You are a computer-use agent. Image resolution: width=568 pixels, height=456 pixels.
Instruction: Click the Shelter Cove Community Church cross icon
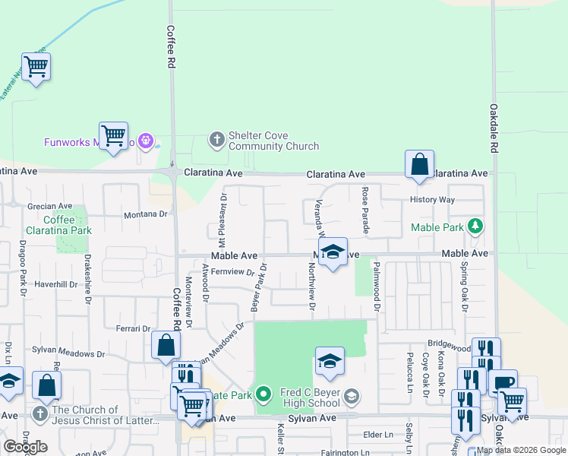point(216,139)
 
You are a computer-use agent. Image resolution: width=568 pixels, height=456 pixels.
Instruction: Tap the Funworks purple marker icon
point(147,141)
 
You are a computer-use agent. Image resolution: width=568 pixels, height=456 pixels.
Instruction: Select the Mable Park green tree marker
point(475,226)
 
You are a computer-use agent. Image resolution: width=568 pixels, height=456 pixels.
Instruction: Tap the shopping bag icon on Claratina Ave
point(419,164)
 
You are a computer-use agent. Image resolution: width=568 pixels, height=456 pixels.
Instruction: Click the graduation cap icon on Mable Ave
point(333,252)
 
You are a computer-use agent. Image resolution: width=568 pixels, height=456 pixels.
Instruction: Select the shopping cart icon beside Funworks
point(113,136)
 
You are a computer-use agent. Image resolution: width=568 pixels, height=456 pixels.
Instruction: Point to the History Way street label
point(432,200)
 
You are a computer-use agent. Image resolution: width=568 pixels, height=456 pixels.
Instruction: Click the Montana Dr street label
point(146,215)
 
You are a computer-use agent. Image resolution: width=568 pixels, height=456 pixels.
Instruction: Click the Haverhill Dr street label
point(56,284)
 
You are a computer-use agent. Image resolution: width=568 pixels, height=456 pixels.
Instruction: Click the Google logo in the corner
point(25,447)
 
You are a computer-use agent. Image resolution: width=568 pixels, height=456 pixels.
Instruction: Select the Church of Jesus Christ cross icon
point(40,413)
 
